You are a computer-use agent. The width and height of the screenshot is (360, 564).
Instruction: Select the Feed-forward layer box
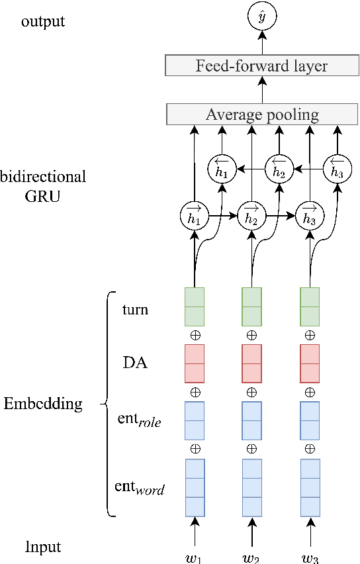click(261, 66)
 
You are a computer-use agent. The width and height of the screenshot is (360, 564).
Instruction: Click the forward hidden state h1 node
click(194, 215)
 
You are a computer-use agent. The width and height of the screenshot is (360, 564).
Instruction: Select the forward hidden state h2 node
click(251, 215)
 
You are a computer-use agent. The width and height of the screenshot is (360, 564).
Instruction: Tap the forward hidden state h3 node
click(309, 215)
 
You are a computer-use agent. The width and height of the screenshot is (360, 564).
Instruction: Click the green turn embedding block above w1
click(195, 306)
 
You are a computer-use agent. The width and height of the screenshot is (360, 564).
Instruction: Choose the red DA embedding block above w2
click(251, 363)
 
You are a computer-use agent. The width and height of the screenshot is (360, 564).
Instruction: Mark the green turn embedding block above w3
click(310, 306)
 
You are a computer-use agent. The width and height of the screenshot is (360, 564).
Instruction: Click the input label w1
click(194, 557)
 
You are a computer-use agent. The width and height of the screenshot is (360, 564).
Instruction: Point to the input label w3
click(310, 557)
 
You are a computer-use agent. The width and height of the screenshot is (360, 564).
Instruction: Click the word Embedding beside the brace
click(43, 404)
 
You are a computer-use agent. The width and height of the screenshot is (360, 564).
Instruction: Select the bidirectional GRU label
click(43, 186)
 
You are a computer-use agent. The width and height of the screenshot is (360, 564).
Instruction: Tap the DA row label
click(135, 362)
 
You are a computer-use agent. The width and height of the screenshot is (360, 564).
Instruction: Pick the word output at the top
click(43, 21)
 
